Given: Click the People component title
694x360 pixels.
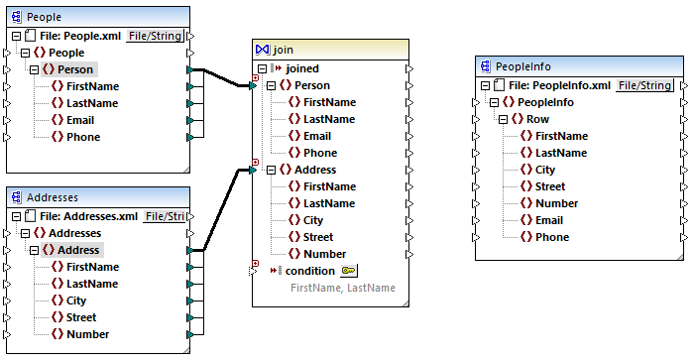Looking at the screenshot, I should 44,17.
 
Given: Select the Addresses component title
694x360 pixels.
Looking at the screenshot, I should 54,197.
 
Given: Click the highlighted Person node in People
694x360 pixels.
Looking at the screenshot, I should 74,69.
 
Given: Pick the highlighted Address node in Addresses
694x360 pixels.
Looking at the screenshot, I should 78,250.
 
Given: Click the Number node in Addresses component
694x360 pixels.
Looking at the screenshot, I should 87,334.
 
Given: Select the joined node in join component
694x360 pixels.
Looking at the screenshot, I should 302,68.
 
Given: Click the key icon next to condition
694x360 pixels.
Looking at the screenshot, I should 348,271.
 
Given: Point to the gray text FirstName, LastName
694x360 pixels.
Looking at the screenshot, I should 342,288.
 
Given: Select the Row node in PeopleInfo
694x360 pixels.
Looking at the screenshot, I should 537,119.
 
